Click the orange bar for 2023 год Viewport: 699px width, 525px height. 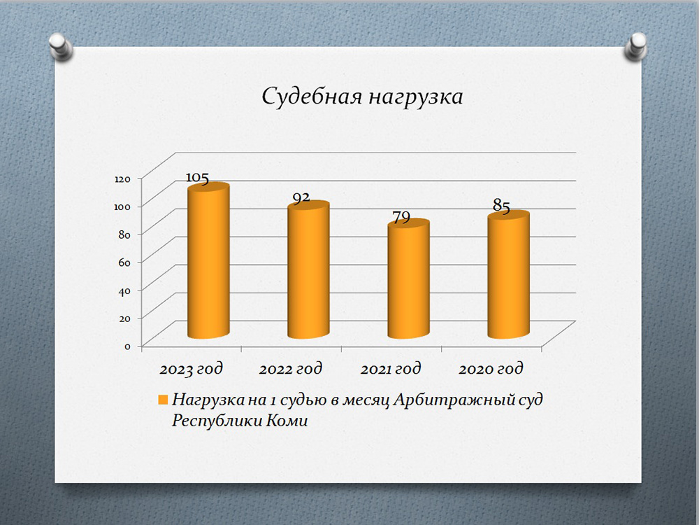(x=208, y=260)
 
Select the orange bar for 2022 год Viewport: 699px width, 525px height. (x=308, y=269)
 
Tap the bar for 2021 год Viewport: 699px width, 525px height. (x=408, y=279)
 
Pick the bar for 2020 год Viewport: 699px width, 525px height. (x=509, y=274)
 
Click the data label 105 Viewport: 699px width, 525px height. (x=197, y=178)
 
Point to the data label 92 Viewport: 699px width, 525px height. (x=301, y=197)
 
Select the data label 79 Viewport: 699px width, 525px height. (x=401, y=217)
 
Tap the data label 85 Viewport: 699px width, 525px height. (x=501, y=206)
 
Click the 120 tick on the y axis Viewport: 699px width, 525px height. (x=122, y=178)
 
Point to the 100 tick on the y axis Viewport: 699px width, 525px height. (x=122, y=206)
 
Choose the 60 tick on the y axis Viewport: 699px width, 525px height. (x=124, y=262)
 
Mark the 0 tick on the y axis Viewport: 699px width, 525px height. (x=127, y=346)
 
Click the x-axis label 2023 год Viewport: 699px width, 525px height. (x=191, y=369)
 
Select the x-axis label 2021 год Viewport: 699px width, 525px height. (x=391, y=369)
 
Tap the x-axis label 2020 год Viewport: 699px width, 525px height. (x=491, y=369)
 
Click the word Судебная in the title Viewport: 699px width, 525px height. (x=312, y=97)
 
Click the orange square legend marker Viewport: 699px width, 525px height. (x=163, y=400)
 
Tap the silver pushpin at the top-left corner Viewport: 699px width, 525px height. (x=61, y=46)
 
